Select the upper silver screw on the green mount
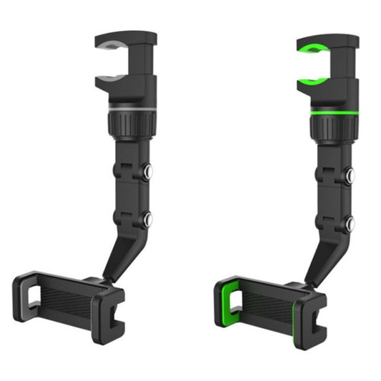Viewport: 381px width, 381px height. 350,174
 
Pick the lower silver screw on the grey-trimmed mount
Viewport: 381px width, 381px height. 149,219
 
